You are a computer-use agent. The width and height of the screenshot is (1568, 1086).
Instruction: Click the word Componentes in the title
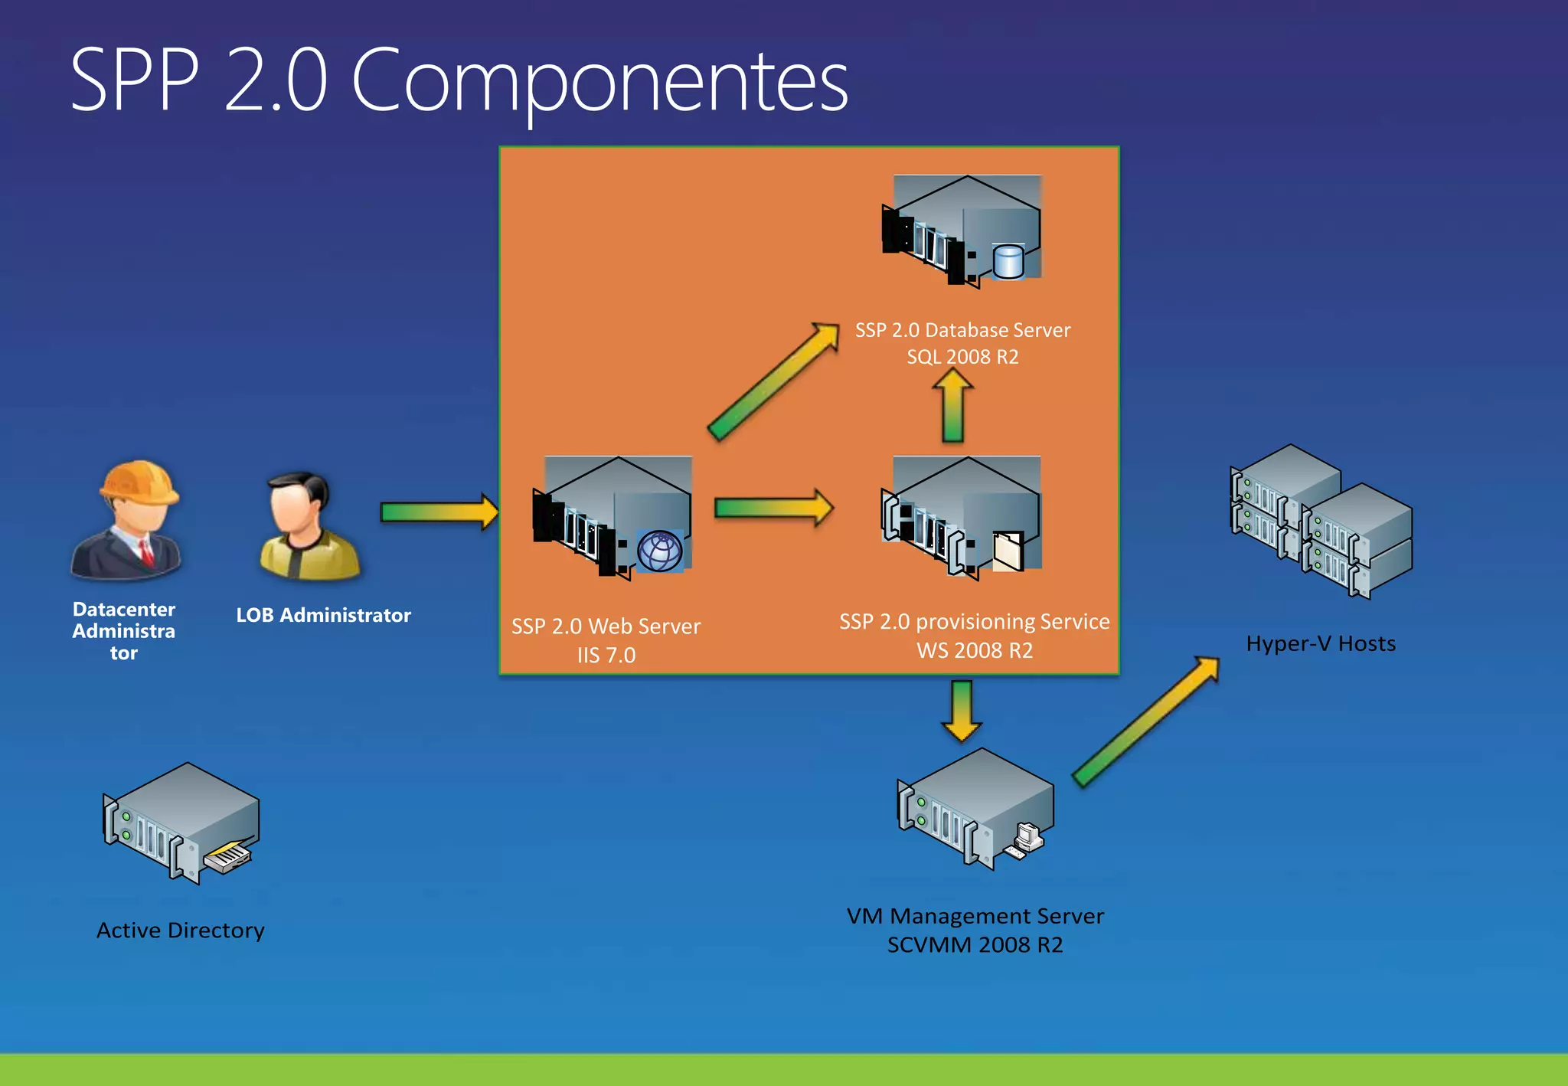tap(599, 80)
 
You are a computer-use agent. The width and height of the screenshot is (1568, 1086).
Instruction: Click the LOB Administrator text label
tap(323, 615)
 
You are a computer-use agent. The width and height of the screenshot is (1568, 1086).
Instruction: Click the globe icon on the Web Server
tap(659, 551)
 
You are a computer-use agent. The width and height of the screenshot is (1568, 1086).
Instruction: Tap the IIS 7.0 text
tap(606, 656)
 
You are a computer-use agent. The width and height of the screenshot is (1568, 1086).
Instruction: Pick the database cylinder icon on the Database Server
tap(1008, 262)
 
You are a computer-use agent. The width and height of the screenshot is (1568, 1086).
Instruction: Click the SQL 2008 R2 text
tap(962, 357)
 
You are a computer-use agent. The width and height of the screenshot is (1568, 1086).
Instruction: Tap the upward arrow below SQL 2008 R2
tap(952, 406)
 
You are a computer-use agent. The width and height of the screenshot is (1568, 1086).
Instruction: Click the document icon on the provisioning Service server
tap(1008, 551)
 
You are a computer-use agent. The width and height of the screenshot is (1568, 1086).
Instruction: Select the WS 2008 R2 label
tap(975, 651)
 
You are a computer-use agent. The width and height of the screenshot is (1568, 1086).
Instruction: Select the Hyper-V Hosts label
tap(1321, 644)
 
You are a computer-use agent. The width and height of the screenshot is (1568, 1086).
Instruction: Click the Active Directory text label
tap(181, 931)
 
